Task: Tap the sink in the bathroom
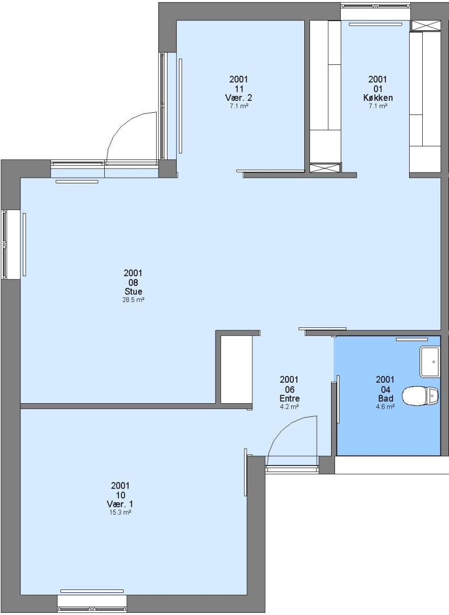(430, 361)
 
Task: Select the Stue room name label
(133, 292)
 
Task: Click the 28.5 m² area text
(133, 300)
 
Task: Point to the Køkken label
(378, 98)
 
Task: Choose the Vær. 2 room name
(239, 98)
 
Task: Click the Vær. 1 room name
(120, 504)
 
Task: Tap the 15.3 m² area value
(120, 512)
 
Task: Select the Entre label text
(289, 399)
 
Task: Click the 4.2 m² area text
(289, 407)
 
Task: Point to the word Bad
(385, 399)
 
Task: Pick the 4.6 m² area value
(385, 407)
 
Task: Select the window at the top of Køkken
(375, 6)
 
